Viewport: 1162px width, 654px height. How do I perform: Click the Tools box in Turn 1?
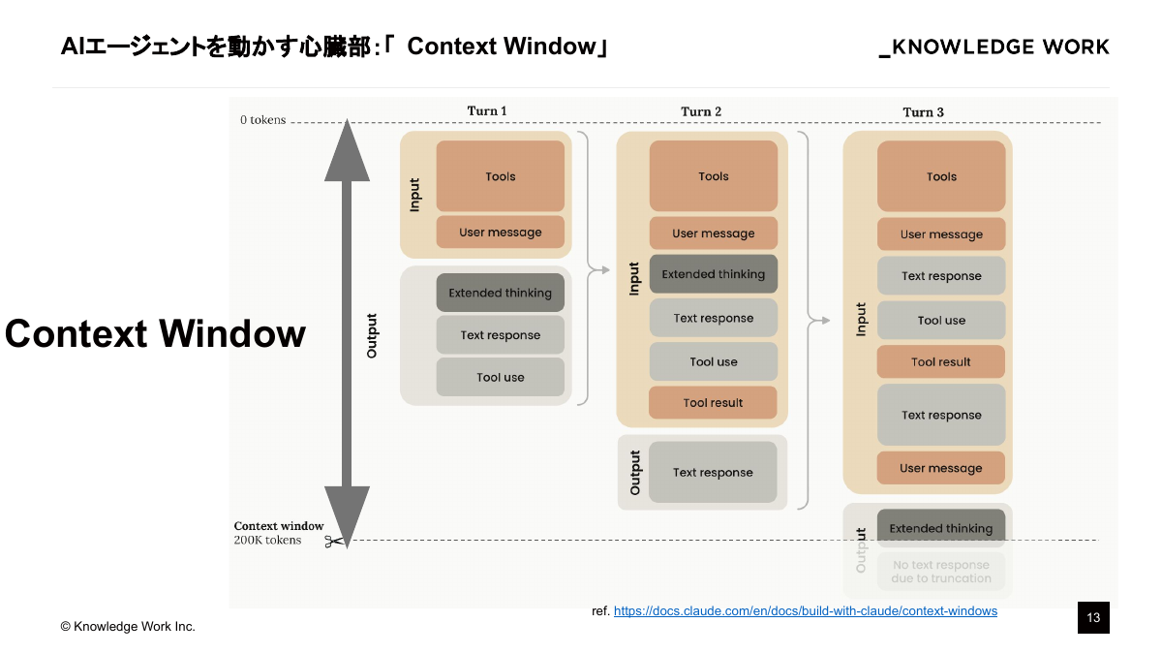(x=500, y=176)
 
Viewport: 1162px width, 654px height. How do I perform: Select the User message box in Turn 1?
(x=500, y=233)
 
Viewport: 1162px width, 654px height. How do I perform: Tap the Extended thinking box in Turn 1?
(x=500, y=293)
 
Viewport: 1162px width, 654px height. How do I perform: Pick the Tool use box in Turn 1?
(x=500, y=377)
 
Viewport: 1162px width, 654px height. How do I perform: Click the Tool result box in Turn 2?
(x=713, y=403)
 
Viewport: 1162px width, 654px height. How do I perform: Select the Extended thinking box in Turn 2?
(x=713, y=274)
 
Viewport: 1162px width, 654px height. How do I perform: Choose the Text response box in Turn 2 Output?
(x=713, y=473)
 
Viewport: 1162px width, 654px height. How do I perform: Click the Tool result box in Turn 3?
(x=940, y=362)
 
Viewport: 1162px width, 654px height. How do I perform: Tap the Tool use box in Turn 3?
(x=940, y=320)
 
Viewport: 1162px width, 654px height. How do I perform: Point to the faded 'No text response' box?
(x=940, y=572)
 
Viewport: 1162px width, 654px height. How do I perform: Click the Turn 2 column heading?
(x=701, y=111)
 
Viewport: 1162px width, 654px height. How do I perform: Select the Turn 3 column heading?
(x=923, y=112)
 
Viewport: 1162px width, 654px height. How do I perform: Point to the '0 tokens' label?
(x=263, y=120)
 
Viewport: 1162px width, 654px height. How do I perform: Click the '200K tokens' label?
(x=267, y=541)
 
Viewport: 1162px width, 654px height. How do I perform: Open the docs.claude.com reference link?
(x=805, y=611)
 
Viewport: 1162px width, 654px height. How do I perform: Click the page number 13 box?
(x=1093, y=618)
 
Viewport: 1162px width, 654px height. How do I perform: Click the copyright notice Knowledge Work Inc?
(x=128, y=627)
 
